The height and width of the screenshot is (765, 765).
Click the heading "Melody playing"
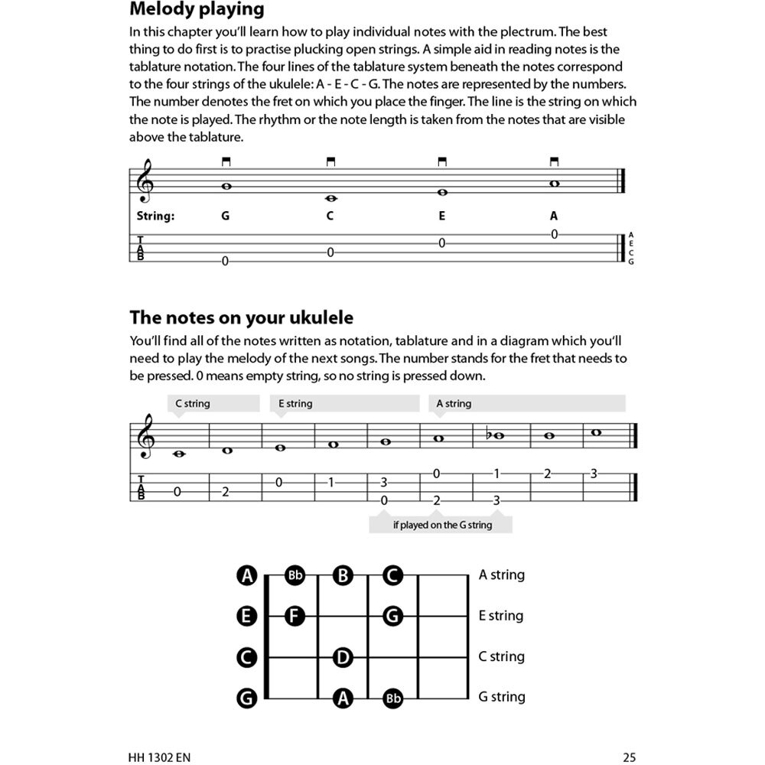[x=197, y=10]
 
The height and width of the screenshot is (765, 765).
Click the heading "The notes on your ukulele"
[x=241, y=317]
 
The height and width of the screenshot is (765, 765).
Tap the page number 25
[x=629, y=757]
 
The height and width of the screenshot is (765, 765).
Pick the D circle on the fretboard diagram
[x=343, y=656]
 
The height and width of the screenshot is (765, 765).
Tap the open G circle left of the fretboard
[x=246, y=697]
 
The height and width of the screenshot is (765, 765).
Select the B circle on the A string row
[x=343, y=575]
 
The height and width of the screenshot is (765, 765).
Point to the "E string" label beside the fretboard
[x=501, y=615]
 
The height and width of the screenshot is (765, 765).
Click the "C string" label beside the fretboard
[x=501, y=656]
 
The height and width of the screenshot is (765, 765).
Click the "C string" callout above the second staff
[x=192, y=403]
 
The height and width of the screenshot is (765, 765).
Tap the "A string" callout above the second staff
[x=454, y=403]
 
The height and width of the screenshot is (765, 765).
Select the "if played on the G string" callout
[x=442, y=525]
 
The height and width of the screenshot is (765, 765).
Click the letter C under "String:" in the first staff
[x=330, y=216]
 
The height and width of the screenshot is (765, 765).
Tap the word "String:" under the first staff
[x=155, y=216]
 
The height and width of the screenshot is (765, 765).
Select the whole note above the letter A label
[x=554, y=184]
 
